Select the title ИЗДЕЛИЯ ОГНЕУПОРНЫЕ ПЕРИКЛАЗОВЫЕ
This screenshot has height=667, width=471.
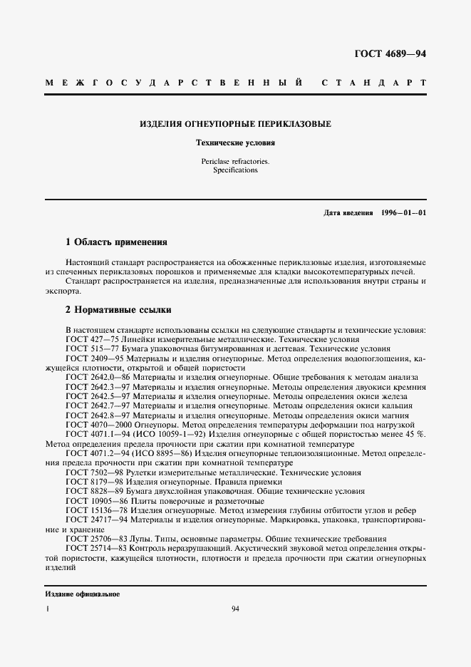[235, 124]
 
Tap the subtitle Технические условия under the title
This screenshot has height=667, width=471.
[235, 143]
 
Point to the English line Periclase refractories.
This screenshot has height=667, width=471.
[235, 162]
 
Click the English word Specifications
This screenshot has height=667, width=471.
[235, 171]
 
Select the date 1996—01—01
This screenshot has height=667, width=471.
[403, 213]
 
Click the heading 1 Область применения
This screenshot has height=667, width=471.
[116, 242]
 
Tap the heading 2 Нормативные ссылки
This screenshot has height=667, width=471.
[118, 310]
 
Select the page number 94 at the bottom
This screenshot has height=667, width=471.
[236, 609]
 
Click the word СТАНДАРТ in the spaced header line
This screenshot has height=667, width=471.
[374, 83]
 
